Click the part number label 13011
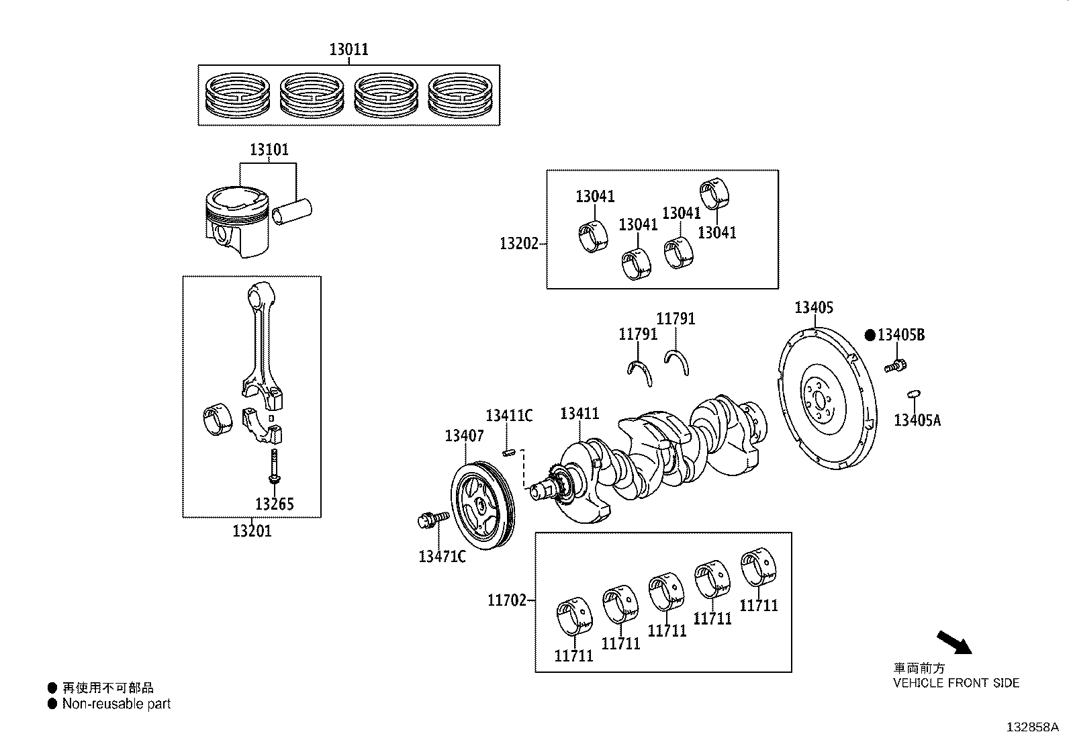coord(348,50)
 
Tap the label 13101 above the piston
coord(269,150)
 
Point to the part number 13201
coord(252,531)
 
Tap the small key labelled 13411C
coord(509,452)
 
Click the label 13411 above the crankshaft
coord(579,414)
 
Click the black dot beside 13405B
coord(870,334)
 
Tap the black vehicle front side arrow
coord(954,642)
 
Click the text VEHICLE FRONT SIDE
coord(956,684)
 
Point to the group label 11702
coord(507,600)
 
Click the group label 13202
coord(519,243)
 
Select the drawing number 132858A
coord(1031,727)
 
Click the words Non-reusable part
coord(116,704)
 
